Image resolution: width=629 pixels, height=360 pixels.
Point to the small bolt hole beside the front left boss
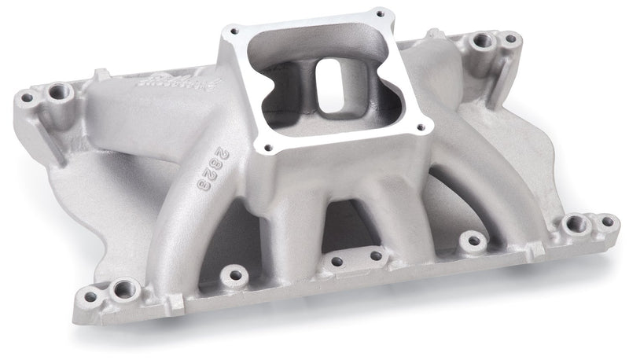90,296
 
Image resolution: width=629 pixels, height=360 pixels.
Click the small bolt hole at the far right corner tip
606,221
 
